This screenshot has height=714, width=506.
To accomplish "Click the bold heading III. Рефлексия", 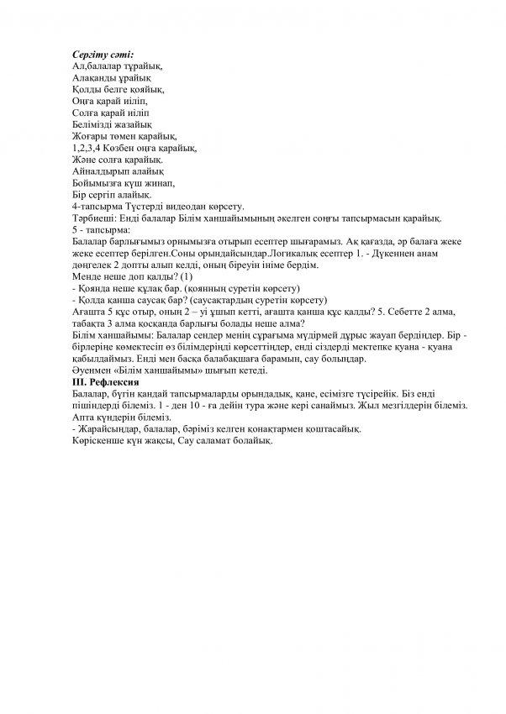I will (x=109, y=382).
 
